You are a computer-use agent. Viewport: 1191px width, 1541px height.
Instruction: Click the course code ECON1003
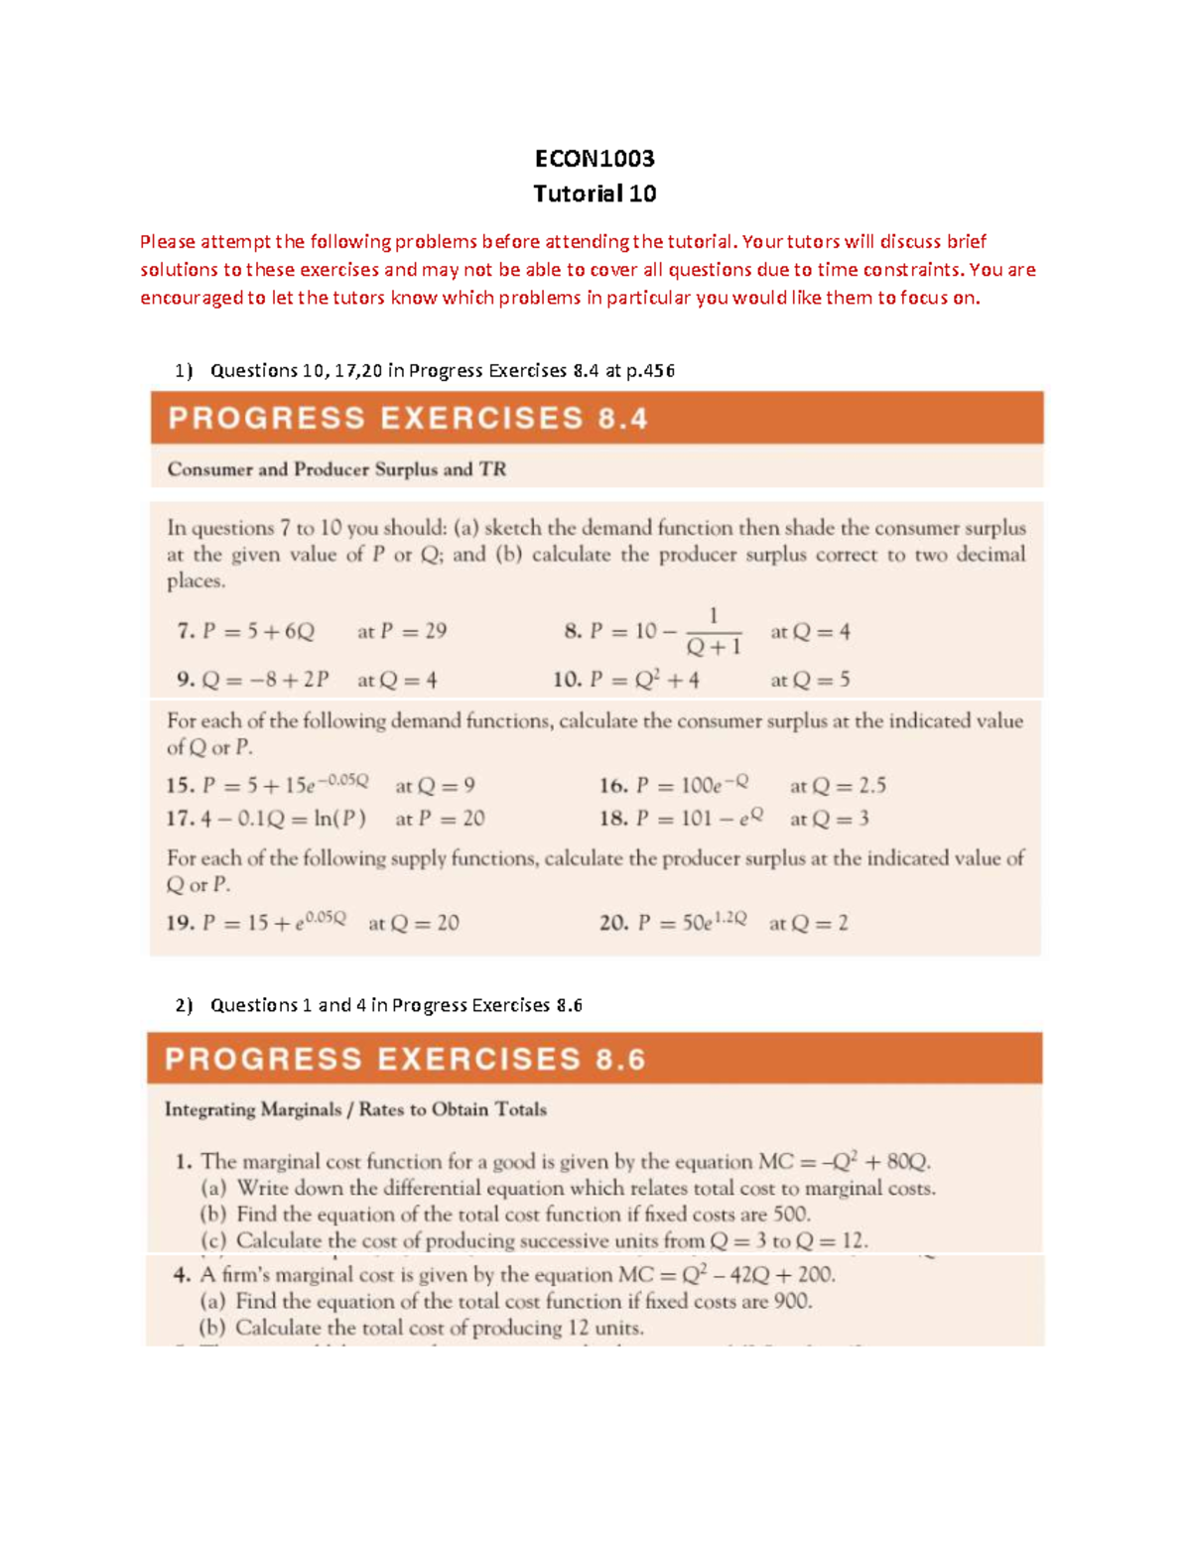point(595,159)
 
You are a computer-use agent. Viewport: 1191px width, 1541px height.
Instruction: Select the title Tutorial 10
point(595,193)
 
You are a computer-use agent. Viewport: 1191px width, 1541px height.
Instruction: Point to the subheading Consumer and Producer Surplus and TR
point(336,469)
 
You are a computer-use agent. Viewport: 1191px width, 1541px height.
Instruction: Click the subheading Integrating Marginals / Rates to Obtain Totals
point(355,1109)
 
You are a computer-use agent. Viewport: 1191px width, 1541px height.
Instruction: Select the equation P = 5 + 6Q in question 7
point(258,631)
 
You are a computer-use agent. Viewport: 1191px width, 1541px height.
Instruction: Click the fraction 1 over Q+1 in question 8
point(713,632)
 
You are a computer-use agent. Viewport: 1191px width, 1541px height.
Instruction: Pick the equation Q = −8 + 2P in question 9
point(265,680)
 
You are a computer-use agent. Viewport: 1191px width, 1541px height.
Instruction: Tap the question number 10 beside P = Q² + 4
point(567,680)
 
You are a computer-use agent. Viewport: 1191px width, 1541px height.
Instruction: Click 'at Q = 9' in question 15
point(435,786)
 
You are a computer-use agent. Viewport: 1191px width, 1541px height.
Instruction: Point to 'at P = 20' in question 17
point(440,819)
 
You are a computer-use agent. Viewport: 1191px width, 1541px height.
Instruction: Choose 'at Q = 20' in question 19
point(413,923)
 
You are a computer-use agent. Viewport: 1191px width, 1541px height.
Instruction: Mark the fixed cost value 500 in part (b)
point(791,1215)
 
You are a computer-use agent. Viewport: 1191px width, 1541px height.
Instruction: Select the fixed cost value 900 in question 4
point(792,1301)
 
